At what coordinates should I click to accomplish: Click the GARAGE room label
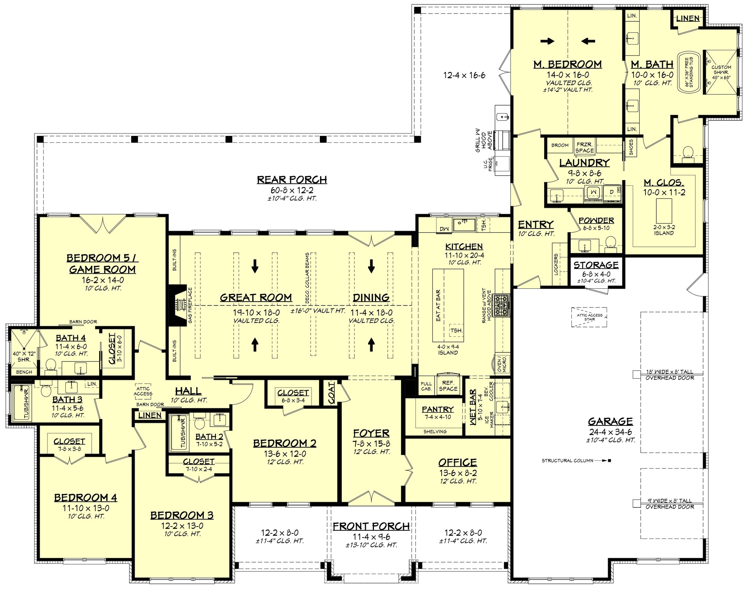point(610,421)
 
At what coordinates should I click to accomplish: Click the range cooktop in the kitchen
point(502,306)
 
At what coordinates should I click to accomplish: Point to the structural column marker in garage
point(610,461)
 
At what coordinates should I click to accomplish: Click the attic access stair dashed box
point(589,317)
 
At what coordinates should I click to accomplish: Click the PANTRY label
point(438,409)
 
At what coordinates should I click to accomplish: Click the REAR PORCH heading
point(292,180)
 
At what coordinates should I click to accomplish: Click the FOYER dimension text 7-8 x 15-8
point(371,443)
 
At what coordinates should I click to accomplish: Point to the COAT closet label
point(331,393)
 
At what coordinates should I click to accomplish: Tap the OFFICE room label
point(457,463)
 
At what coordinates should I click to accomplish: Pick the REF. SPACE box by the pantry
point(448,386)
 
